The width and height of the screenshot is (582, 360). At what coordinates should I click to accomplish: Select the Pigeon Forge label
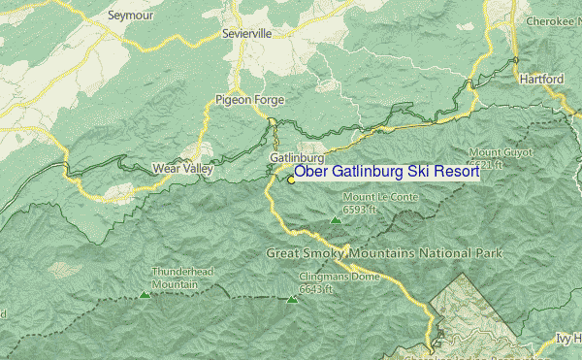coord(245,99)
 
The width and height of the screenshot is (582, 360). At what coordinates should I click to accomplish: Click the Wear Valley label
coord(182,169)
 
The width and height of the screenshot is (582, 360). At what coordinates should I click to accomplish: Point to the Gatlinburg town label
coord(296,157)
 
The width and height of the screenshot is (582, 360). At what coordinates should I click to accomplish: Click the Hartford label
coord(541,78)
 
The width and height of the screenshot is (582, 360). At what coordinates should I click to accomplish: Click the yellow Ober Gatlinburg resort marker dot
coord(290,180)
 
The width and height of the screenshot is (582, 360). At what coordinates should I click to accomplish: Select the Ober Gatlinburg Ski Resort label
coord(386,172)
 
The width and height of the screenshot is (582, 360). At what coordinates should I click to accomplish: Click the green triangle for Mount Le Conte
coord(336,220)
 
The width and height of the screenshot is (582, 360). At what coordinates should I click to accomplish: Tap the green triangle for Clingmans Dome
coord(293,300)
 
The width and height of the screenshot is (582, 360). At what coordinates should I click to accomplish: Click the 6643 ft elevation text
coord(316,289)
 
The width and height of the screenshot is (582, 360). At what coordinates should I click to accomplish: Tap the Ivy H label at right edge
coord(567,339)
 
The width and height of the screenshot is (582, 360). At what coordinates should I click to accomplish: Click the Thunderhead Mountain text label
coord(175,278)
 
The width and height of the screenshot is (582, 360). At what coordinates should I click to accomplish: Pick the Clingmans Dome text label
coord(330,278)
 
